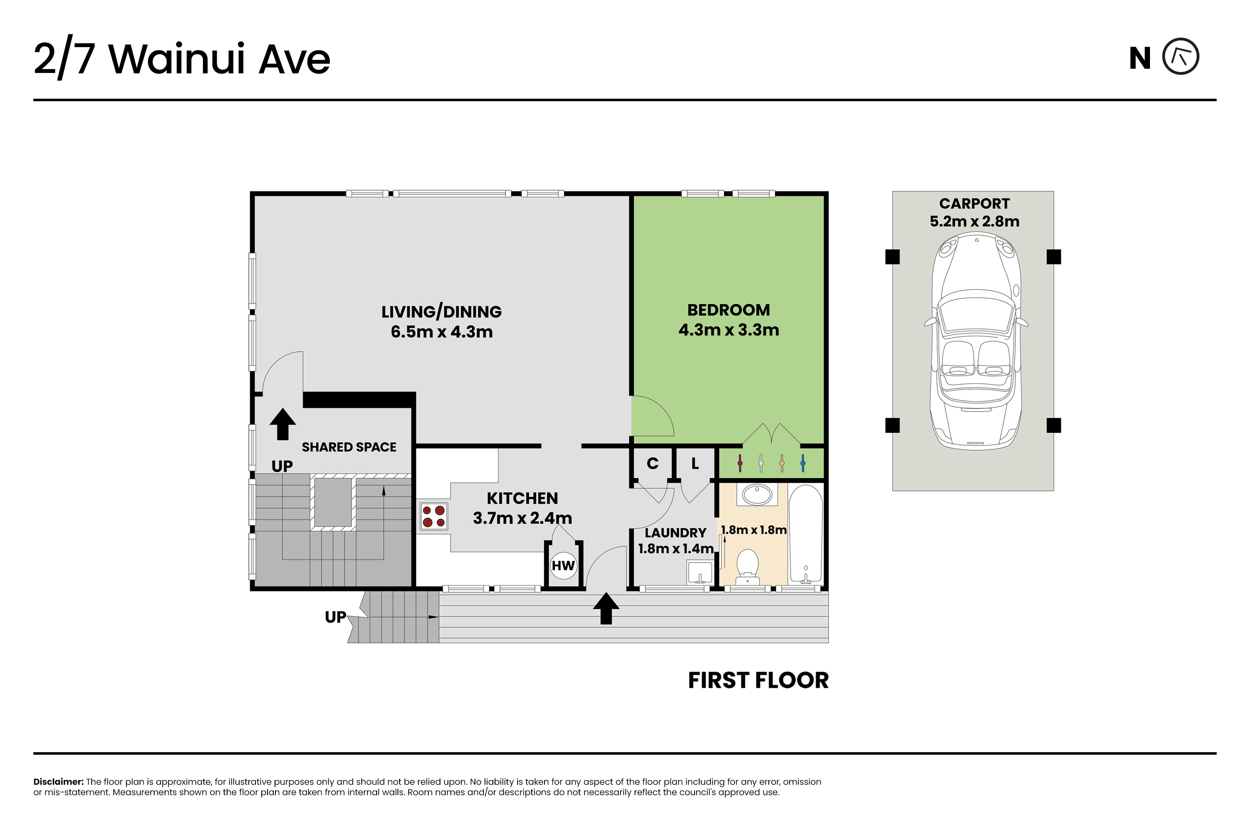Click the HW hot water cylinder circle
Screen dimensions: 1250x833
coord(563,565)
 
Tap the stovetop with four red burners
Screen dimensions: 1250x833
coord(434,516)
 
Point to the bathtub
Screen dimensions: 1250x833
coord(806,534)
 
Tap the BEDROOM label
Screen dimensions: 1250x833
coord(729,310)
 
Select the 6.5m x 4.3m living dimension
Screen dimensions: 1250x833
coord(442,332)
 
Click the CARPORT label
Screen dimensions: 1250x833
coord(974,204)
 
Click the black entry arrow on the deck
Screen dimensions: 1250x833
coord(606,608)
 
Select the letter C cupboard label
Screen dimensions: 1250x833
coord(652,464)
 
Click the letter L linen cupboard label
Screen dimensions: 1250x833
coord(695,464)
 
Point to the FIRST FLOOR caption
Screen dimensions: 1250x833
coord(758,681)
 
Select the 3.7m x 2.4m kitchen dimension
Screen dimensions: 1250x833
coord(522,519)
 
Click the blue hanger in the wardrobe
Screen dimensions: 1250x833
coord(802,463)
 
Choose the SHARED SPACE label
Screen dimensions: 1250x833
coord(349,447)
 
